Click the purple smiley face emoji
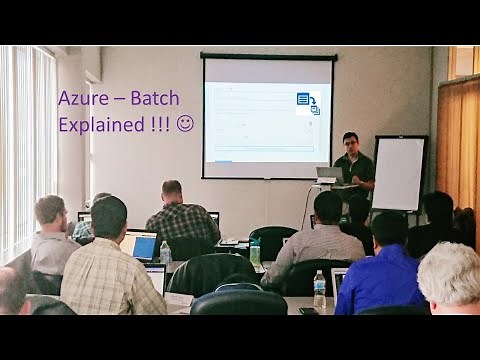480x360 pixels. (x=184, y=124)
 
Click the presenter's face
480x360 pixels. (x=350, y=143)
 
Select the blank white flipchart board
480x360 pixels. (x=398, y=173)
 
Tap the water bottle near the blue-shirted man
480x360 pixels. (x=319, y=290)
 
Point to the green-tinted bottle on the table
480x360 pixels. (x=256, y=251)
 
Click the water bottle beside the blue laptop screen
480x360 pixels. (x=165, y=252)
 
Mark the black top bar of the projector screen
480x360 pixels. (x=268, y=56)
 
